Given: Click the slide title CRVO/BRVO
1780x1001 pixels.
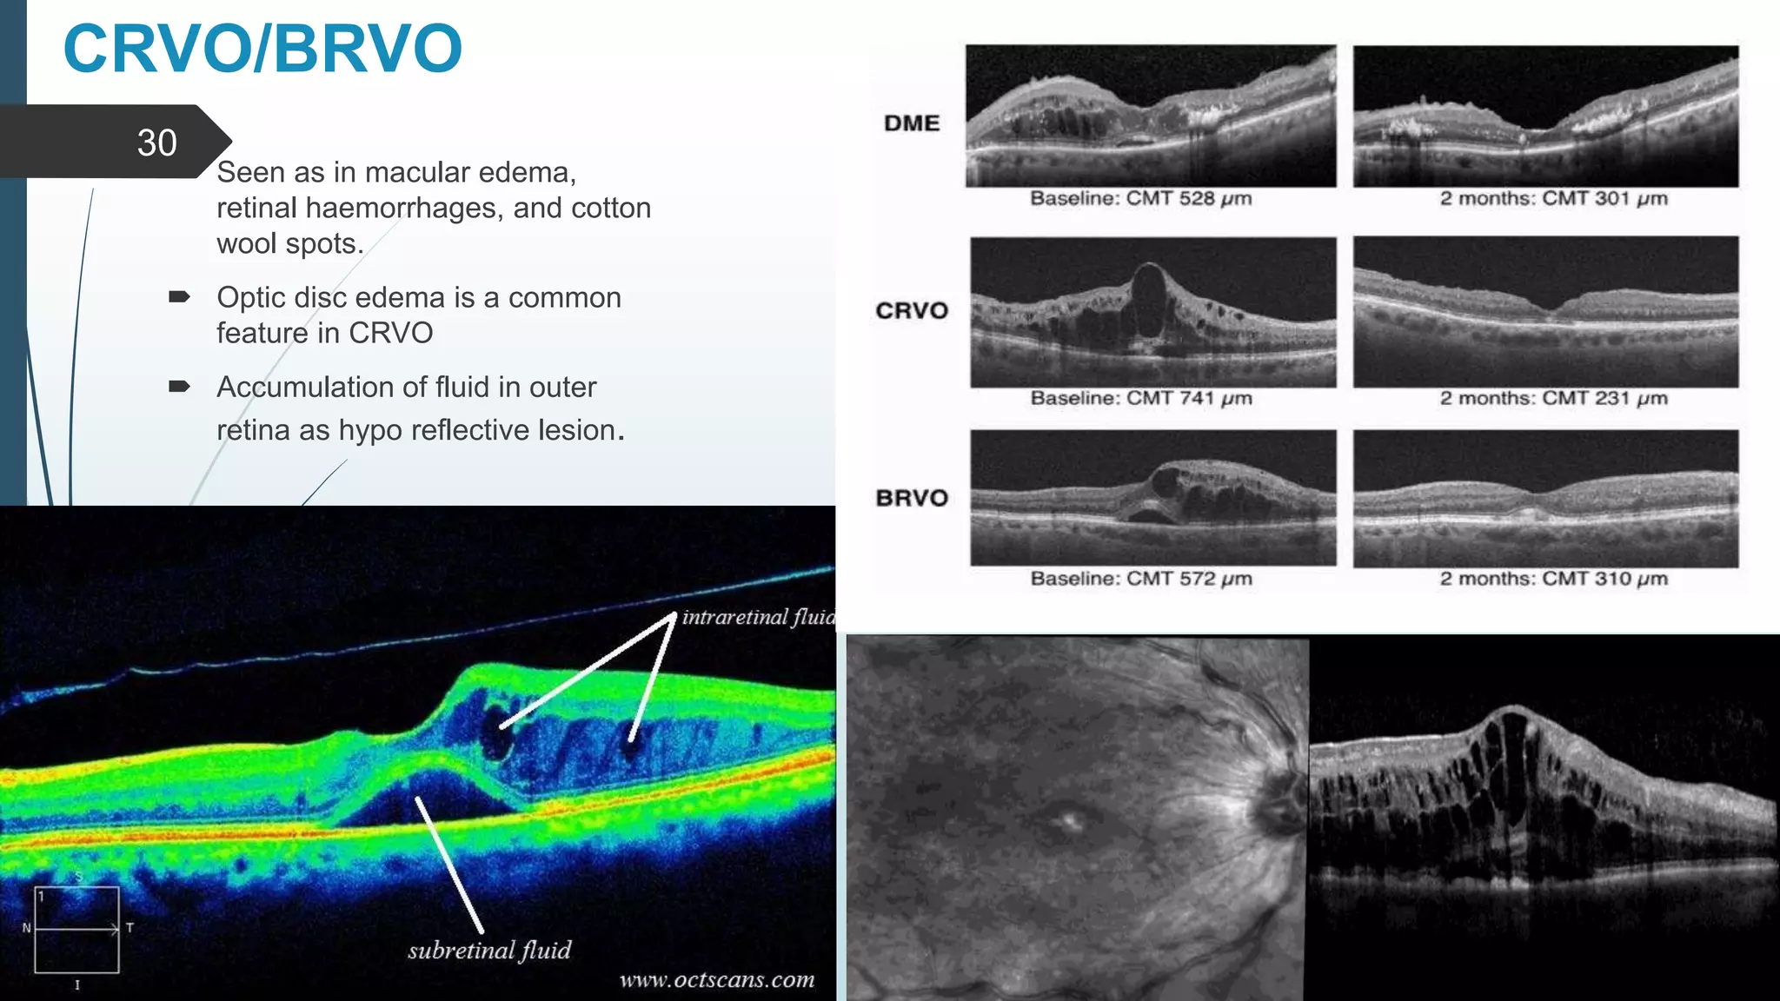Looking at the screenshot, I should (x=262, y=50).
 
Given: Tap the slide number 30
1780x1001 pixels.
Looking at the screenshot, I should (x=156, y=143).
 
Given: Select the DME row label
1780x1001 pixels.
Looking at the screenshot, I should (x=912, y=123).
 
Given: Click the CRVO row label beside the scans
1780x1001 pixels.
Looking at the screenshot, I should (x=912, y=310).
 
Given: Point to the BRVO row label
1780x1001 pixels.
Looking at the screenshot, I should (x=912, y=498).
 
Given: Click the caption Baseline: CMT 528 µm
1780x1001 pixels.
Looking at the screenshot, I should (x=1140, y=199).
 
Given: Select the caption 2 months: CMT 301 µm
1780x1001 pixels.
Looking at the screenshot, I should (x=1553, y=199).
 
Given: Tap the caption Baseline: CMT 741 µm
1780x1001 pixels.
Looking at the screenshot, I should (x=1140, y=399).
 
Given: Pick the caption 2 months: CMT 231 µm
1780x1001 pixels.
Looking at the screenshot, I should (x=1553, y=399).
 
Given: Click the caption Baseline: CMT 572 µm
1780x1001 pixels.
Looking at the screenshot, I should (x=1140, y=579).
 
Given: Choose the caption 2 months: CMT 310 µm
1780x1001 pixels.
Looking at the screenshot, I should (x=1553, y=579).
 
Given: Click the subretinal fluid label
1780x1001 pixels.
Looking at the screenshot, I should (x=489, y=951).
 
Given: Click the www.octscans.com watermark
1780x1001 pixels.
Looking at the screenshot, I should (x=717, y=980).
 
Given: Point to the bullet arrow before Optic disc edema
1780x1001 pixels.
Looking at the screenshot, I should (x=179, y=297).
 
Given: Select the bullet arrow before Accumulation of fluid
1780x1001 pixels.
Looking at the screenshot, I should (x=179, y=387).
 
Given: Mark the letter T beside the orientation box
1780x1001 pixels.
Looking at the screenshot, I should (x=130, y=928).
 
